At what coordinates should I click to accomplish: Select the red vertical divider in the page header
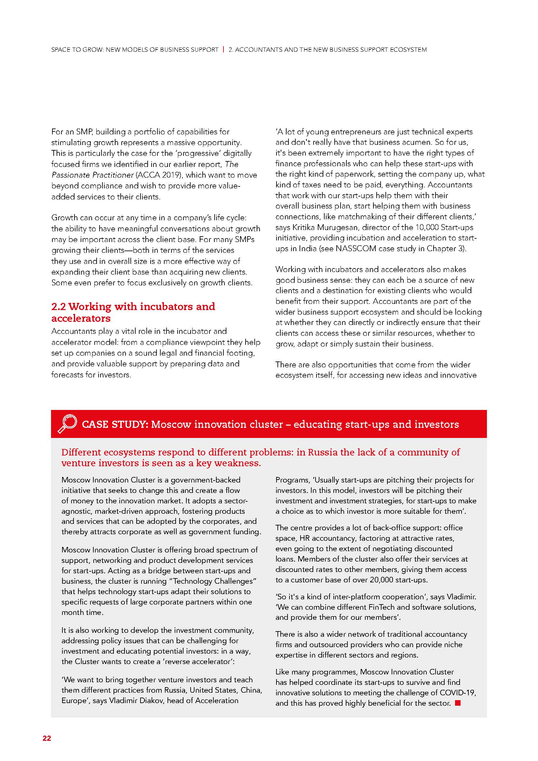[223, 50]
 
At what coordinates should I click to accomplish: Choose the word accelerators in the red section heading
[81, 318]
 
